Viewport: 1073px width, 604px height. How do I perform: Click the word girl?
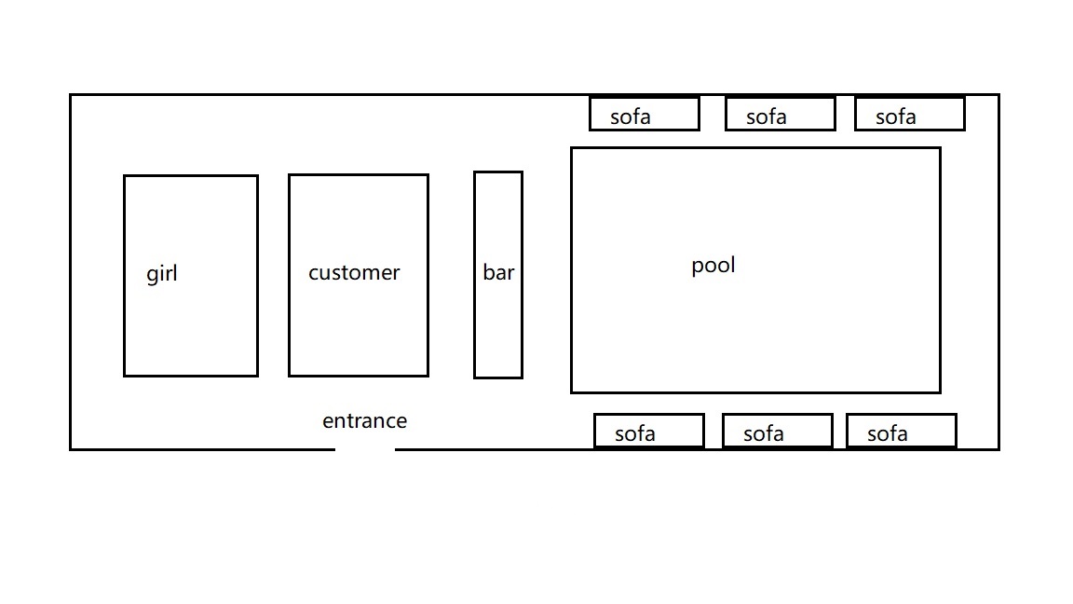click(161, 274)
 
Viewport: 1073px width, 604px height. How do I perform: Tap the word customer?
click(354, 272)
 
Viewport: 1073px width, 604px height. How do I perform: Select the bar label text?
click(498, 272)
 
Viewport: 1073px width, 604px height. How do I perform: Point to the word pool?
click(713, 265)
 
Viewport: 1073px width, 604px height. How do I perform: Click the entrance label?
click(365, 420)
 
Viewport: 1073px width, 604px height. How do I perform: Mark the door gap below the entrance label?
click(365, 449)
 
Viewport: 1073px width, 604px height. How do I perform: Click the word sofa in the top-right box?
click(896, 117)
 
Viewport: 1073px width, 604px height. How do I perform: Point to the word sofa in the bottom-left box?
click(635, 434)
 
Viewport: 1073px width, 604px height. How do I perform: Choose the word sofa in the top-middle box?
click(767, 117)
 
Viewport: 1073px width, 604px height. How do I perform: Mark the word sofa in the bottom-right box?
click(888, 434)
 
